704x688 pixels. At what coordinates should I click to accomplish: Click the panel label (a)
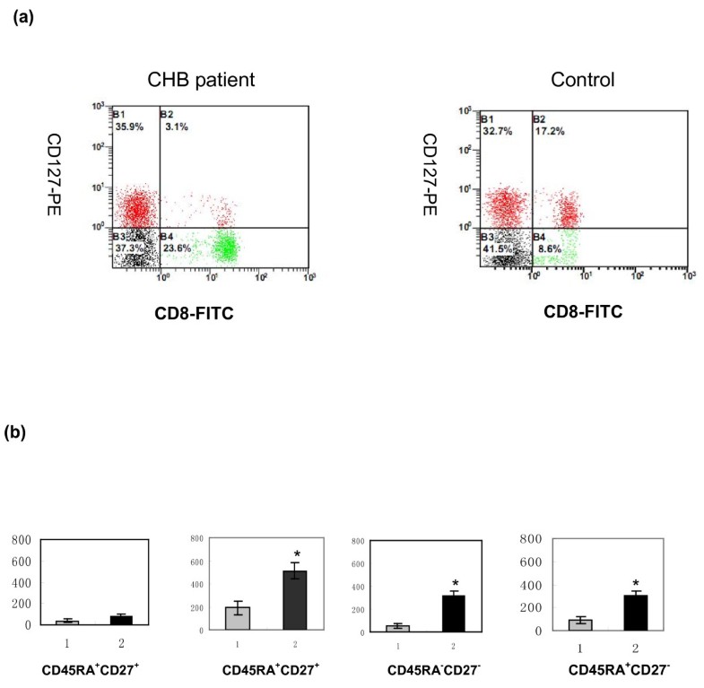(x=22, y=18)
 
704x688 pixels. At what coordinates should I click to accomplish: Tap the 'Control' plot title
(x=583, y=80)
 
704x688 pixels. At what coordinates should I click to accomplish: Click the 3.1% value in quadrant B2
(x=175, y=126)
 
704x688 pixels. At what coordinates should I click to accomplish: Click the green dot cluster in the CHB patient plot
(x=224, y=244)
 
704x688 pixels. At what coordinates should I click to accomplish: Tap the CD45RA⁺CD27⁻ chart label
(x=593, y=668)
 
